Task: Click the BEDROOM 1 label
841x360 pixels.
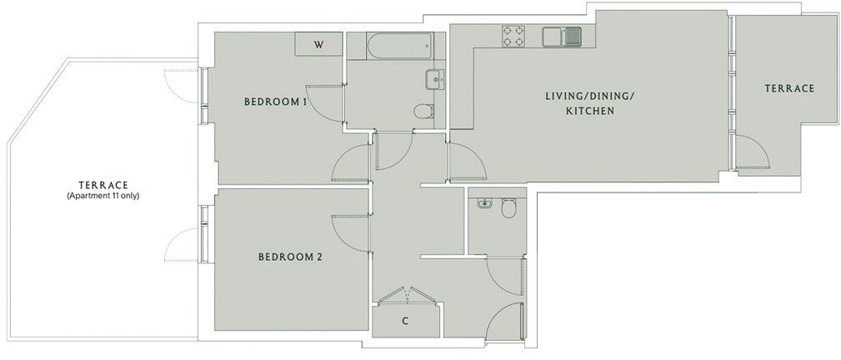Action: point(276,102)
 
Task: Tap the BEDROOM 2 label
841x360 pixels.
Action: point(289,257)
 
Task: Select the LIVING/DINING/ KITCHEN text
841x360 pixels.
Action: point(589,103)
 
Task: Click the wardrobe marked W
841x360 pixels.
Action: point(318,44)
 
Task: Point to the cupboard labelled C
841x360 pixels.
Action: point(405,320)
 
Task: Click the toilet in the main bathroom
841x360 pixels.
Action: point(423,112)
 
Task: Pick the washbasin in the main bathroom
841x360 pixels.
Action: point(434,79)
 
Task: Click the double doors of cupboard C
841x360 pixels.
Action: point(406,296)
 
